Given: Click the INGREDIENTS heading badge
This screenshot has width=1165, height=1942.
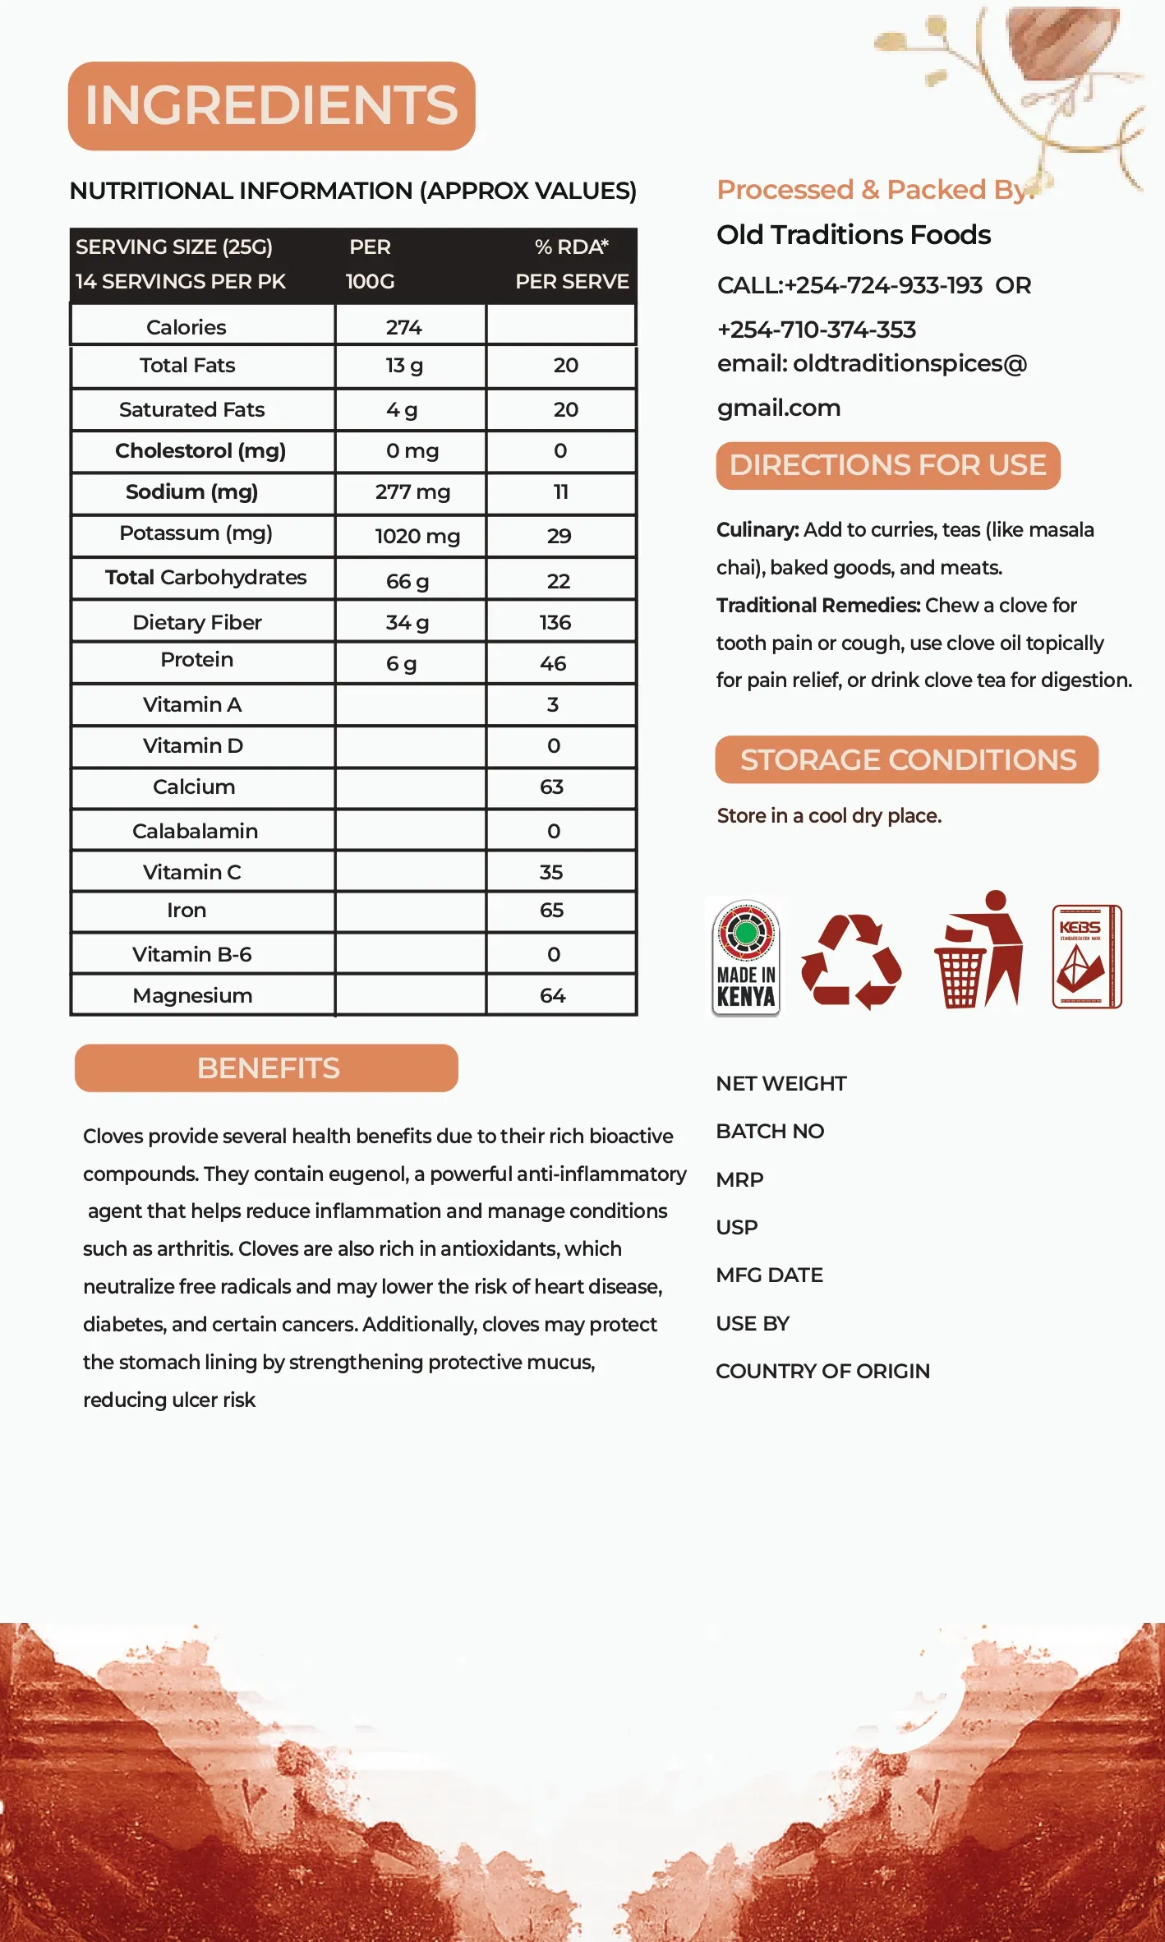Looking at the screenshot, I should (271, 106).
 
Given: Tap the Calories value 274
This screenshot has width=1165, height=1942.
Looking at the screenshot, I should (403, 327).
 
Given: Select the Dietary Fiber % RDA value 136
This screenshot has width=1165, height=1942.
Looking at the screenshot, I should (555, 622).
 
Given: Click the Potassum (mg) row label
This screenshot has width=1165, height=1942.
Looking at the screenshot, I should (196, 533).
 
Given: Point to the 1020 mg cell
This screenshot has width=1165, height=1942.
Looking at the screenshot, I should (417, 537).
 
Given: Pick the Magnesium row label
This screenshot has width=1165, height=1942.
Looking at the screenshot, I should (192, 995).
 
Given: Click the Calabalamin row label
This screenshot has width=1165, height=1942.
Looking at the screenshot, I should (195, 831).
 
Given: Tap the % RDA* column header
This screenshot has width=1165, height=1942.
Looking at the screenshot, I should (572, 247).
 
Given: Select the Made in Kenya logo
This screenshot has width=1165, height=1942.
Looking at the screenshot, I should (745, 957).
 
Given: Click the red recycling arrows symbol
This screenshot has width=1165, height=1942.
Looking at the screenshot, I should (851, 961).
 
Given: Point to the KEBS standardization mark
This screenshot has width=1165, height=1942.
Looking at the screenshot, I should (1086, 957).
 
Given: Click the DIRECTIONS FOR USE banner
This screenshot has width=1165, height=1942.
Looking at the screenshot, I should (887, 466).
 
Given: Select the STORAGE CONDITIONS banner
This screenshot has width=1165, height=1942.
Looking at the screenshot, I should (907, 760).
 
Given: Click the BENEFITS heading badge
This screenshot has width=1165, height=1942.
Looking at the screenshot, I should (267, 1068).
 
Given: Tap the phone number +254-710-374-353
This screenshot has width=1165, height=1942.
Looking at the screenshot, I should (816, 330).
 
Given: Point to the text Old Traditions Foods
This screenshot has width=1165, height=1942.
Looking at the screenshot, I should (854, 235).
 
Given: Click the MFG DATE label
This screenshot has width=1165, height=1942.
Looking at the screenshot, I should (769, 1275).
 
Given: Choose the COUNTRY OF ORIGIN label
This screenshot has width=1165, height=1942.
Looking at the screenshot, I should (822, 1371).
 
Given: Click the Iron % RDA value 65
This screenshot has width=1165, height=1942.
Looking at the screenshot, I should (551, 910).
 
